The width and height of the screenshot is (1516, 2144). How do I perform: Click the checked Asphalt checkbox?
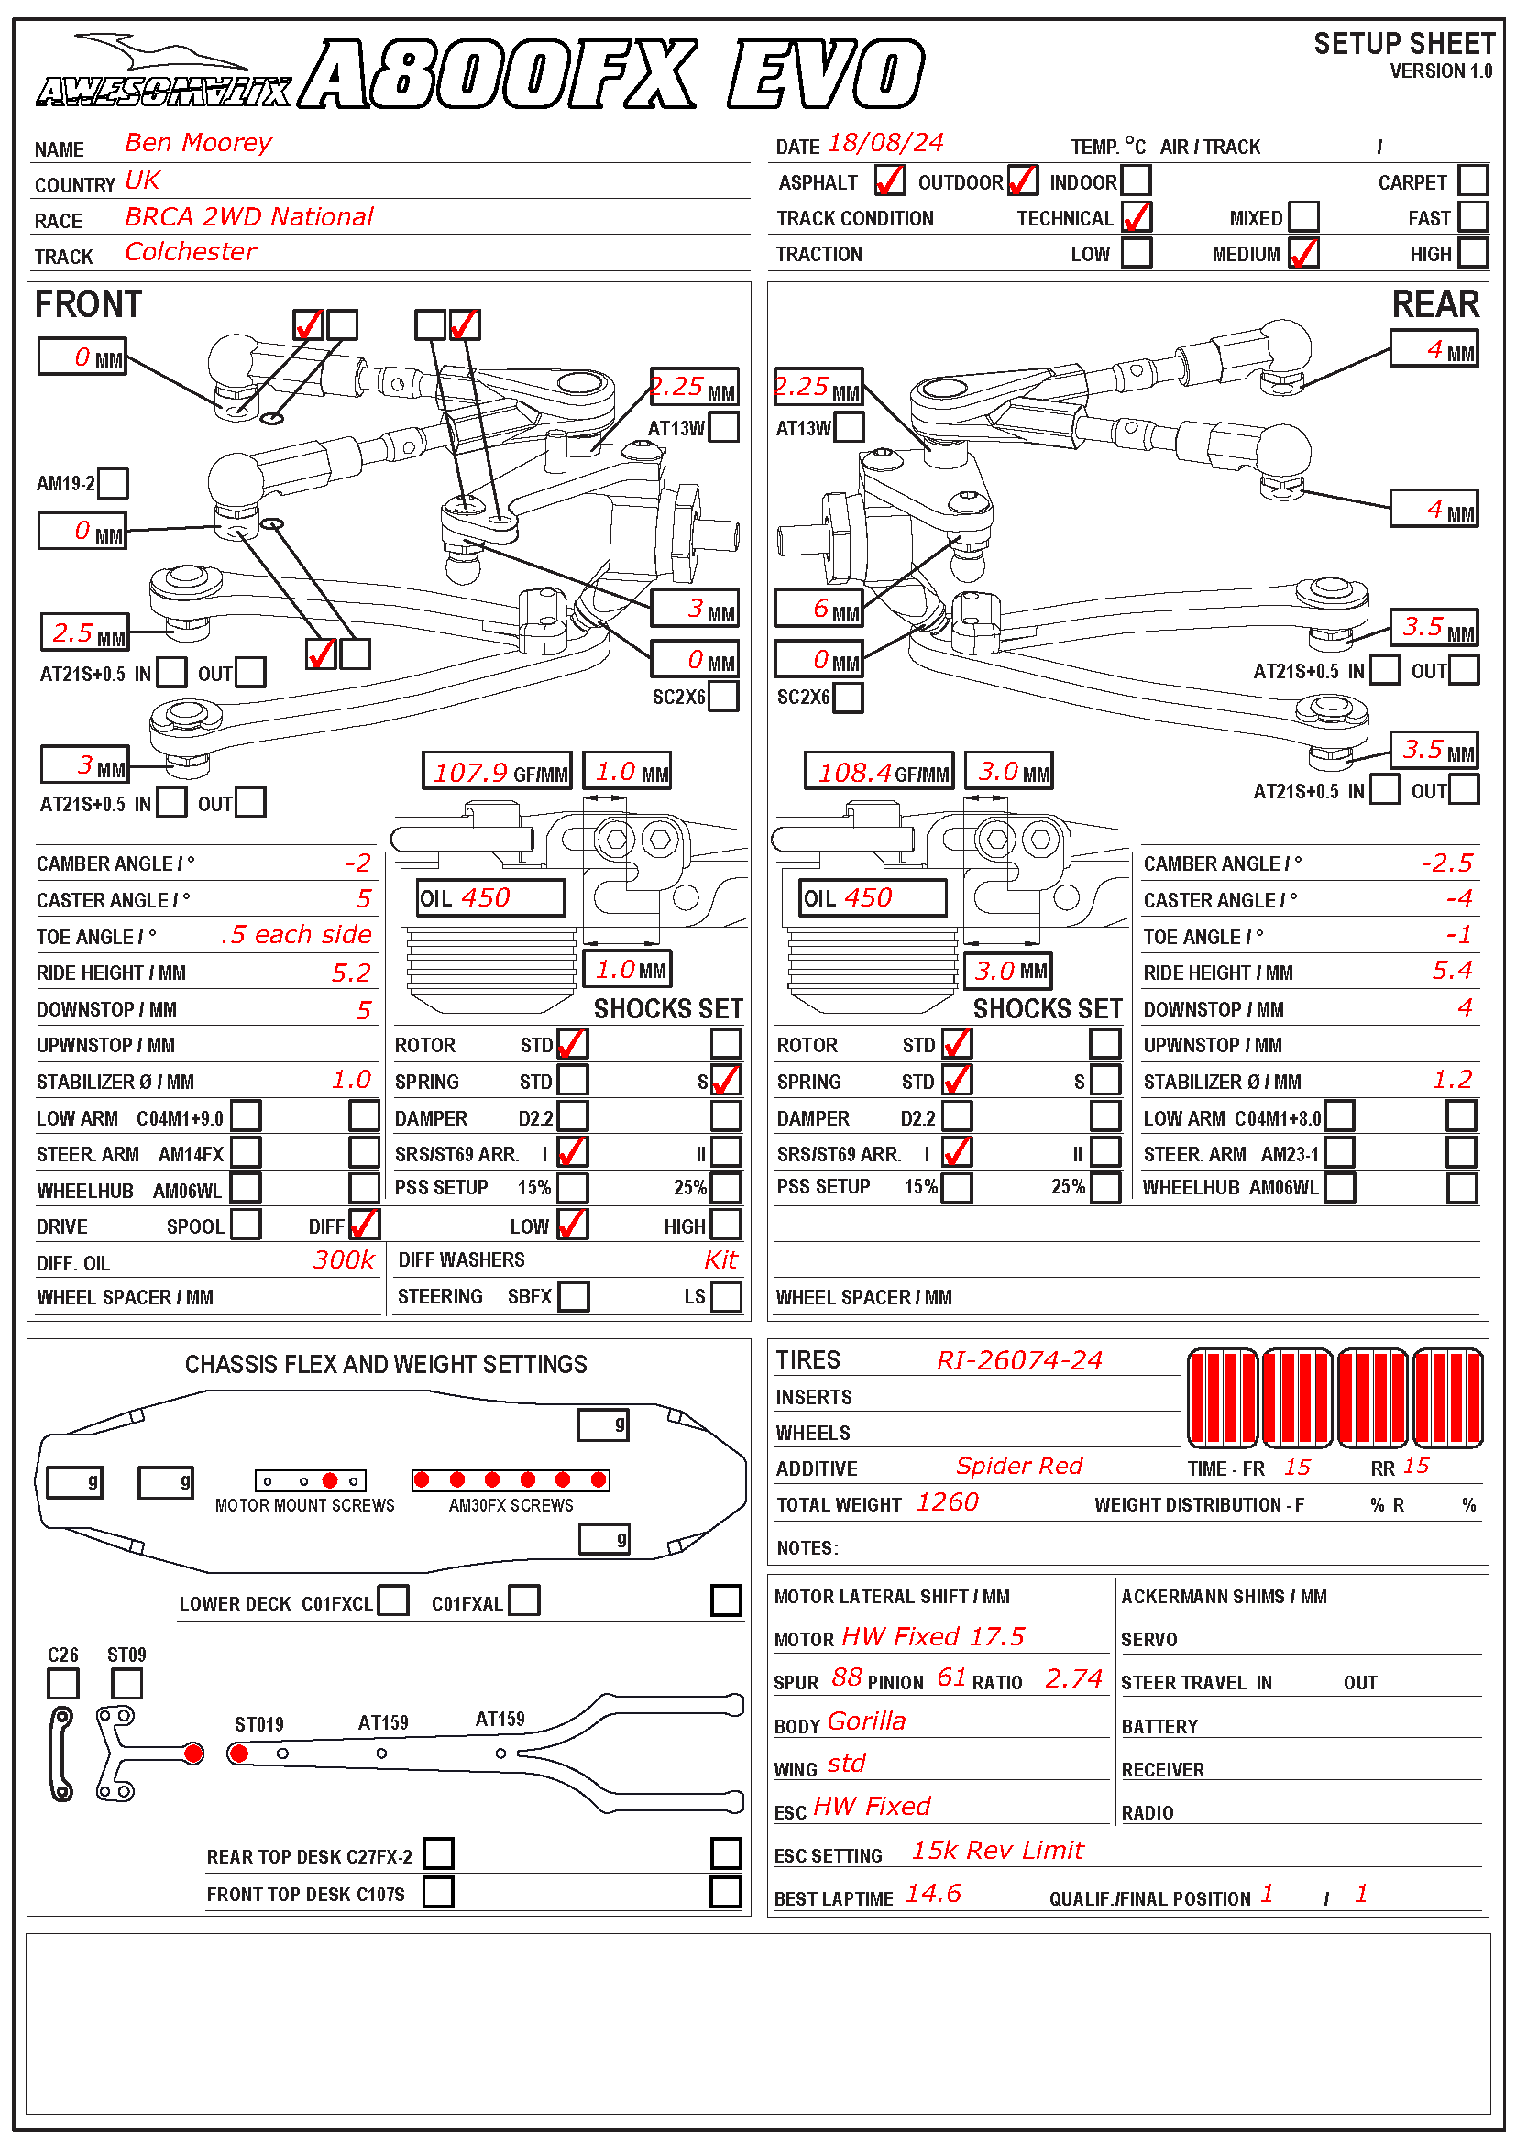point(889,181)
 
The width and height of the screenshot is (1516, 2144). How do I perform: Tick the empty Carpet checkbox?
point(1472,181)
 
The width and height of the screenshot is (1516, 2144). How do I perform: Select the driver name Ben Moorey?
point(198,143)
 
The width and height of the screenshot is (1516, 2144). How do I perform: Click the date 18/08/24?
point(885,143)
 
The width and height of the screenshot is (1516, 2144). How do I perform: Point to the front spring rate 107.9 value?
point(470,772)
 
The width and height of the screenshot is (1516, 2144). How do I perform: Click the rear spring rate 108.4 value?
point(854,772)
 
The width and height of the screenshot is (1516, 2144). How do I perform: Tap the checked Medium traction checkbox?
point(1303,253)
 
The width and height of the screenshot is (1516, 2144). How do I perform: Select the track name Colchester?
point(191,252)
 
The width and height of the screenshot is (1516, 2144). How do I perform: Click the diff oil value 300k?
point(344,1259)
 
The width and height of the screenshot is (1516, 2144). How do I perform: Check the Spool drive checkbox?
point(246,1225)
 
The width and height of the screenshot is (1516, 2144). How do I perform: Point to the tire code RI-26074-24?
point(1018,1360)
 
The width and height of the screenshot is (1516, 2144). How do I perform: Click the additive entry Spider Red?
point(1018,1466)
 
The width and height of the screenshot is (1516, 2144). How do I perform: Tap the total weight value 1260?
point(947,1501)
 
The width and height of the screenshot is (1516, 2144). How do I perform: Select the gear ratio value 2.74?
point(1072,1679)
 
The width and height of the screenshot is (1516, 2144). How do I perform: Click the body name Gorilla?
point(865,1721)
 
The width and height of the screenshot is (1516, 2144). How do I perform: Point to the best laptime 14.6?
point(932,1894)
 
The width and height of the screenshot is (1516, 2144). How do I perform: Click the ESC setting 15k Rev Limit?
point(997,1850)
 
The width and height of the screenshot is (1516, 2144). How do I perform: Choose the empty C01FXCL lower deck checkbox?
point(393,1600)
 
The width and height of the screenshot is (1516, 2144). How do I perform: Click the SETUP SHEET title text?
point(1403,44)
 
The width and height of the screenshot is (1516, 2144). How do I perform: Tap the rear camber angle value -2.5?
point(1446,863)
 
